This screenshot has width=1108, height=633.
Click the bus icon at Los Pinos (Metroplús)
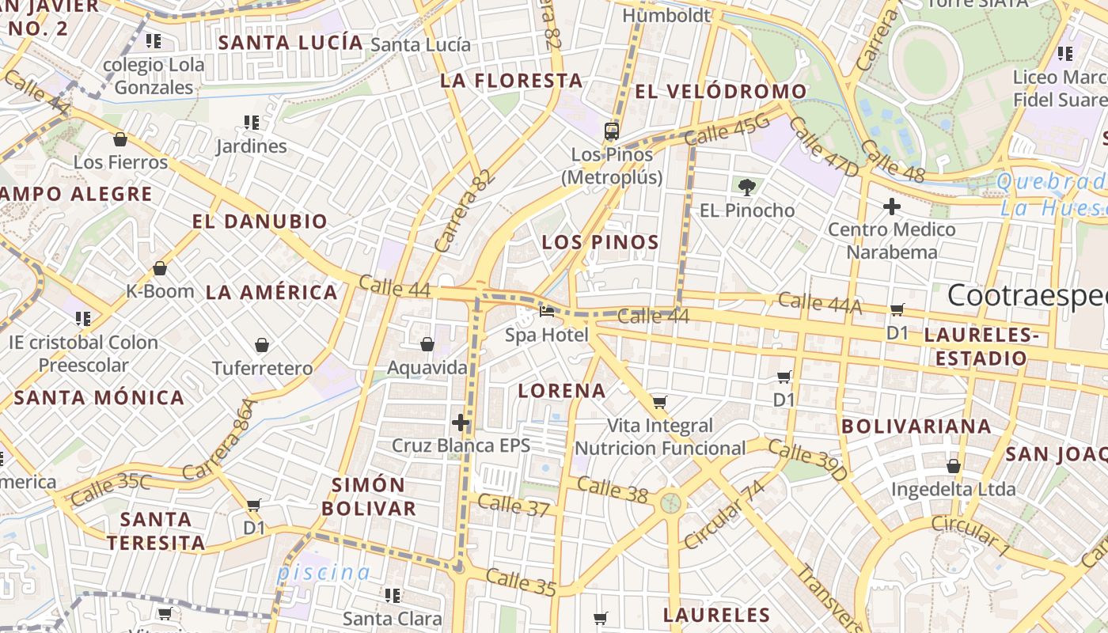tap(611, 131)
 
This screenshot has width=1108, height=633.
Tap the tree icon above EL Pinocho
tap(746, 188)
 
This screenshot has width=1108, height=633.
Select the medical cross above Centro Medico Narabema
tap(892, 207)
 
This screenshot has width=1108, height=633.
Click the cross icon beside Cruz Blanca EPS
tap(461, 423)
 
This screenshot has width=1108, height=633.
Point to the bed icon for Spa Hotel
tap(547, 312)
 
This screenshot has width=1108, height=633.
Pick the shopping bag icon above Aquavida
tap(427, 344)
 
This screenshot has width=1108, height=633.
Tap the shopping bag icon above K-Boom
tap(160, 268)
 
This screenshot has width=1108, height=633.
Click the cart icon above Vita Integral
tap(659, 402)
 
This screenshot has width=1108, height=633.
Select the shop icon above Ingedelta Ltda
tap(954, 466)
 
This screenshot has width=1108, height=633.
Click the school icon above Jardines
tap(252, 123)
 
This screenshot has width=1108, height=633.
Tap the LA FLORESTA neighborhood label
tap(511, 81)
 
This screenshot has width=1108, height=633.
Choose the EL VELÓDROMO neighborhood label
tap(720, 92)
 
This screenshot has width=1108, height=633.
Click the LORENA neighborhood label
tap(562, 391)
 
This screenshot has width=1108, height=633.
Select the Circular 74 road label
tap(725, 514)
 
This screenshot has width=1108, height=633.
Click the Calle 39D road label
tap(807, 461)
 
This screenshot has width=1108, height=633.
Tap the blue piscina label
tap(324, 572)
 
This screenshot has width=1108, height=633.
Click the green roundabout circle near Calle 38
tap(671, 502)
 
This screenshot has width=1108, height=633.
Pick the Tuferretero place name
tap(263, 368)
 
